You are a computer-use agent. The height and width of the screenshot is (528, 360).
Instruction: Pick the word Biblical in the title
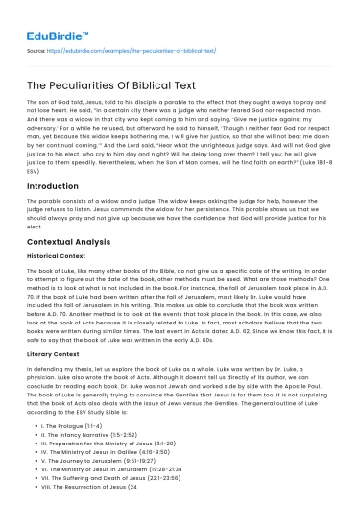172,85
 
